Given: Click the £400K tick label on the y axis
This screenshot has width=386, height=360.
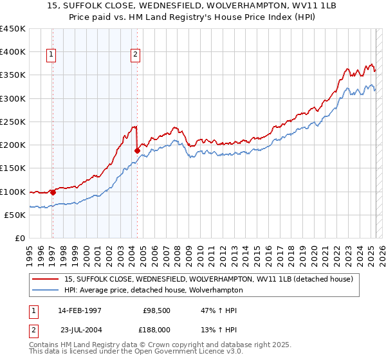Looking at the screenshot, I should tap(13, 52).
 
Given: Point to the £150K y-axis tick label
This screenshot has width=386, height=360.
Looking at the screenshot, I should tap(13, 168).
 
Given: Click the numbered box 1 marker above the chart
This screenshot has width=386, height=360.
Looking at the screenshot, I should tap(51, 55).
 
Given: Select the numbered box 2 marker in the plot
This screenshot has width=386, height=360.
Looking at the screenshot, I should tap(136, 55).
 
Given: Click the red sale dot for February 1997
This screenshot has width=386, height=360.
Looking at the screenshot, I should tap(53, 192).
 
